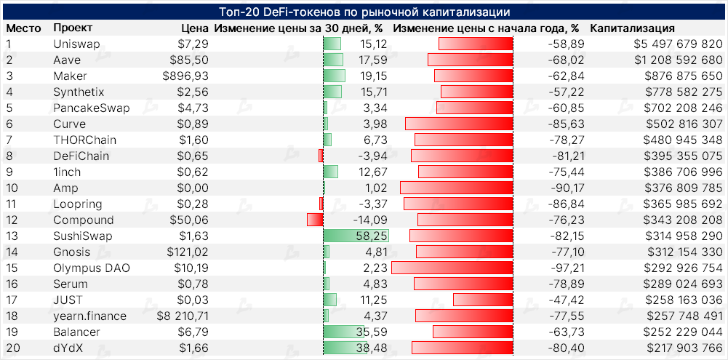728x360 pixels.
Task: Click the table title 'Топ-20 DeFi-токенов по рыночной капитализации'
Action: click(364, 12)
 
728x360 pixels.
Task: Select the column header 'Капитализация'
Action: click(632, 28)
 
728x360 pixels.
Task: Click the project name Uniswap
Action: click(76, 44)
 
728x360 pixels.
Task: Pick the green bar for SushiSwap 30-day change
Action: click(356, 236)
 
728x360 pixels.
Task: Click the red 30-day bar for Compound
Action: click(315, 220)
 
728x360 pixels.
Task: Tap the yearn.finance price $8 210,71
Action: click(183, 316)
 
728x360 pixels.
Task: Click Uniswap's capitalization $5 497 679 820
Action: click(677, 44)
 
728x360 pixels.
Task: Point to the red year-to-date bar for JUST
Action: click(483, 300)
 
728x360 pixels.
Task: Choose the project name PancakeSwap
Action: click(92, 108)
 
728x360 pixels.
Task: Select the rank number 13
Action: click(12, 236)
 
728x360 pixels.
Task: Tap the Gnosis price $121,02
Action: click(187, 252)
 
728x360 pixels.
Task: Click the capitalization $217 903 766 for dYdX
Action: click(681, 348)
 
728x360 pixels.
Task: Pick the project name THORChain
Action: click(84, 140)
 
